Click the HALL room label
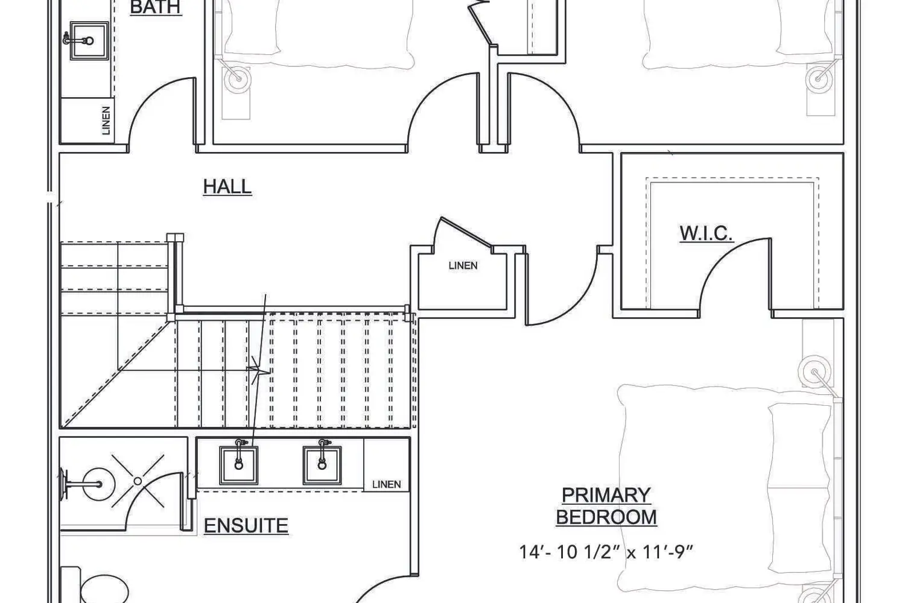tap(227, 186)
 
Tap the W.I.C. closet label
tap(706, 233)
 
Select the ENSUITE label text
tap(246, 525)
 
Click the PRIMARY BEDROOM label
tap(606, 506)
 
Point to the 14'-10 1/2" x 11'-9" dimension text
tap(606, 552)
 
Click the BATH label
tap(156, 7)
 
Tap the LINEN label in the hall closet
tap(463, 265)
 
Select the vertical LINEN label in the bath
tap(106, 121)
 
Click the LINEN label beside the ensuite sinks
tap(387, 484)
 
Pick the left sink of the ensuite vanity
tap(239, 465)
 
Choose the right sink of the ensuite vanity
tap(322, 465)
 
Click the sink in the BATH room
tap(89, 41)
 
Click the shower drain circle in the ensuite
tap(138, 481)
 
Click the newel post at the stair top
tap(175, 238)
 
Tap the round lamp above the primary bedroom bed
tap(814, 371)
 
